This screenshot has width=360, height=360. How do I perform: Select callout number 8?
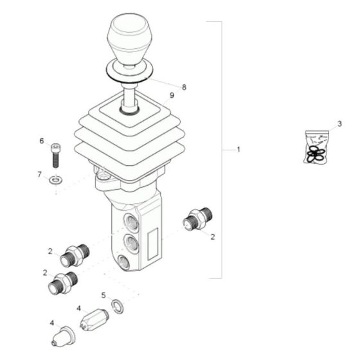pos(184,87)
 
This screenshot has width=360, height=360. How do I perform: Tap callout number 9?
pos(171,96)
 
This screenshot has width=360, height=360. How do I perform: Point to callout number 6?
pos(42,141)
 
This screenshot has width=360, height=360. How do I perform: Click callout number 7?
pos(39,174)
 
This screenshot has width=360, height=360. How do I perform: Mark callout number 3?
pos(340,123)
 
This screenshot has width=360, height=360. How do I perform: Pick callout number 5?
pos(103,296)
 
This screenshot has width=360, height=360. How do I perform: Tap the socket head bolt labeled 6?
pos(56,155)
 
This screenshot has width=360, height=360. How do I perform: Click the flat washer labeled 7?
pos(57,179)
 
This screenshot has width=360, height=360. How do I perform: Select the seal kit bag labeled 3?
pos(316,147)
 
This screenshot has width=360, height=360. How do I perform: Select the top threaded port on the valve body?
pos(131,223)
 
